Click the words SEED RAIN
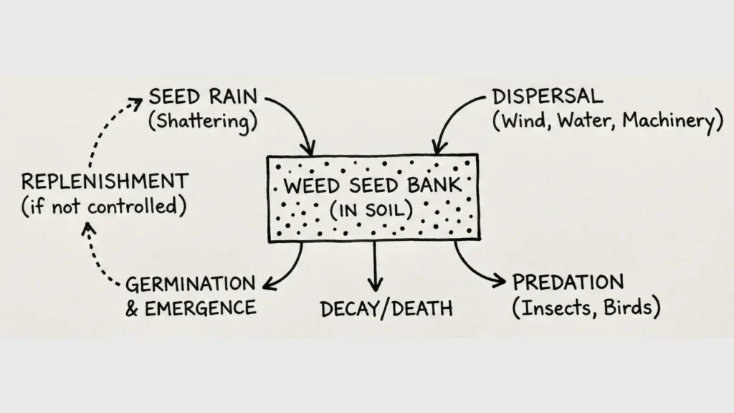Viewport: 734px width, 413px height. pyautogui.click(x=202, y=97)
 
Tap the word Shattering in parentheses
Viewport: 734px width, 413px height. pyautogui.click(x=203, y=121)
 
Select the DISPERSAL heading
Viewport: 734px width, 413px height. pyautogui.click(x=548, y=97)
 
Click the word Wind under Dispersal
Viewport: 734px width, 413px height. pyautogui.click(x=521, y=121)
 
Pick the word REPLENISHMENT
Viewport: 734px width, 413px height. pyautogui.click(x=105, y=181)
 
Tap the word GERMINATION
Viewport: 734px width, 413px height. pyautogui.click(x=190, y=284)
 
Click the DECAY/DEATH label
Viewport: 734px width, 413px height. pyautogui.click(x=386, y=309)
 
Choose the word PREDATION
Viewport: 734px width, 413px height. pyautogui.click(x=568, y=282)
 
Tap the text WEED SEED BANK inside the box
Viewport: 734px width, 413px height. pyautogui.click(x=373, y=186)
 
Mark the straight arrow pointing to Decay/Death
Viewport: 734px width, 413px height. pyautogui.click(x=373, y=265)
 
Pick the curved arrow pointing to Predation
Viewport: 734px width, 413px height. pyautogui.click(x=477, y=269)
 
